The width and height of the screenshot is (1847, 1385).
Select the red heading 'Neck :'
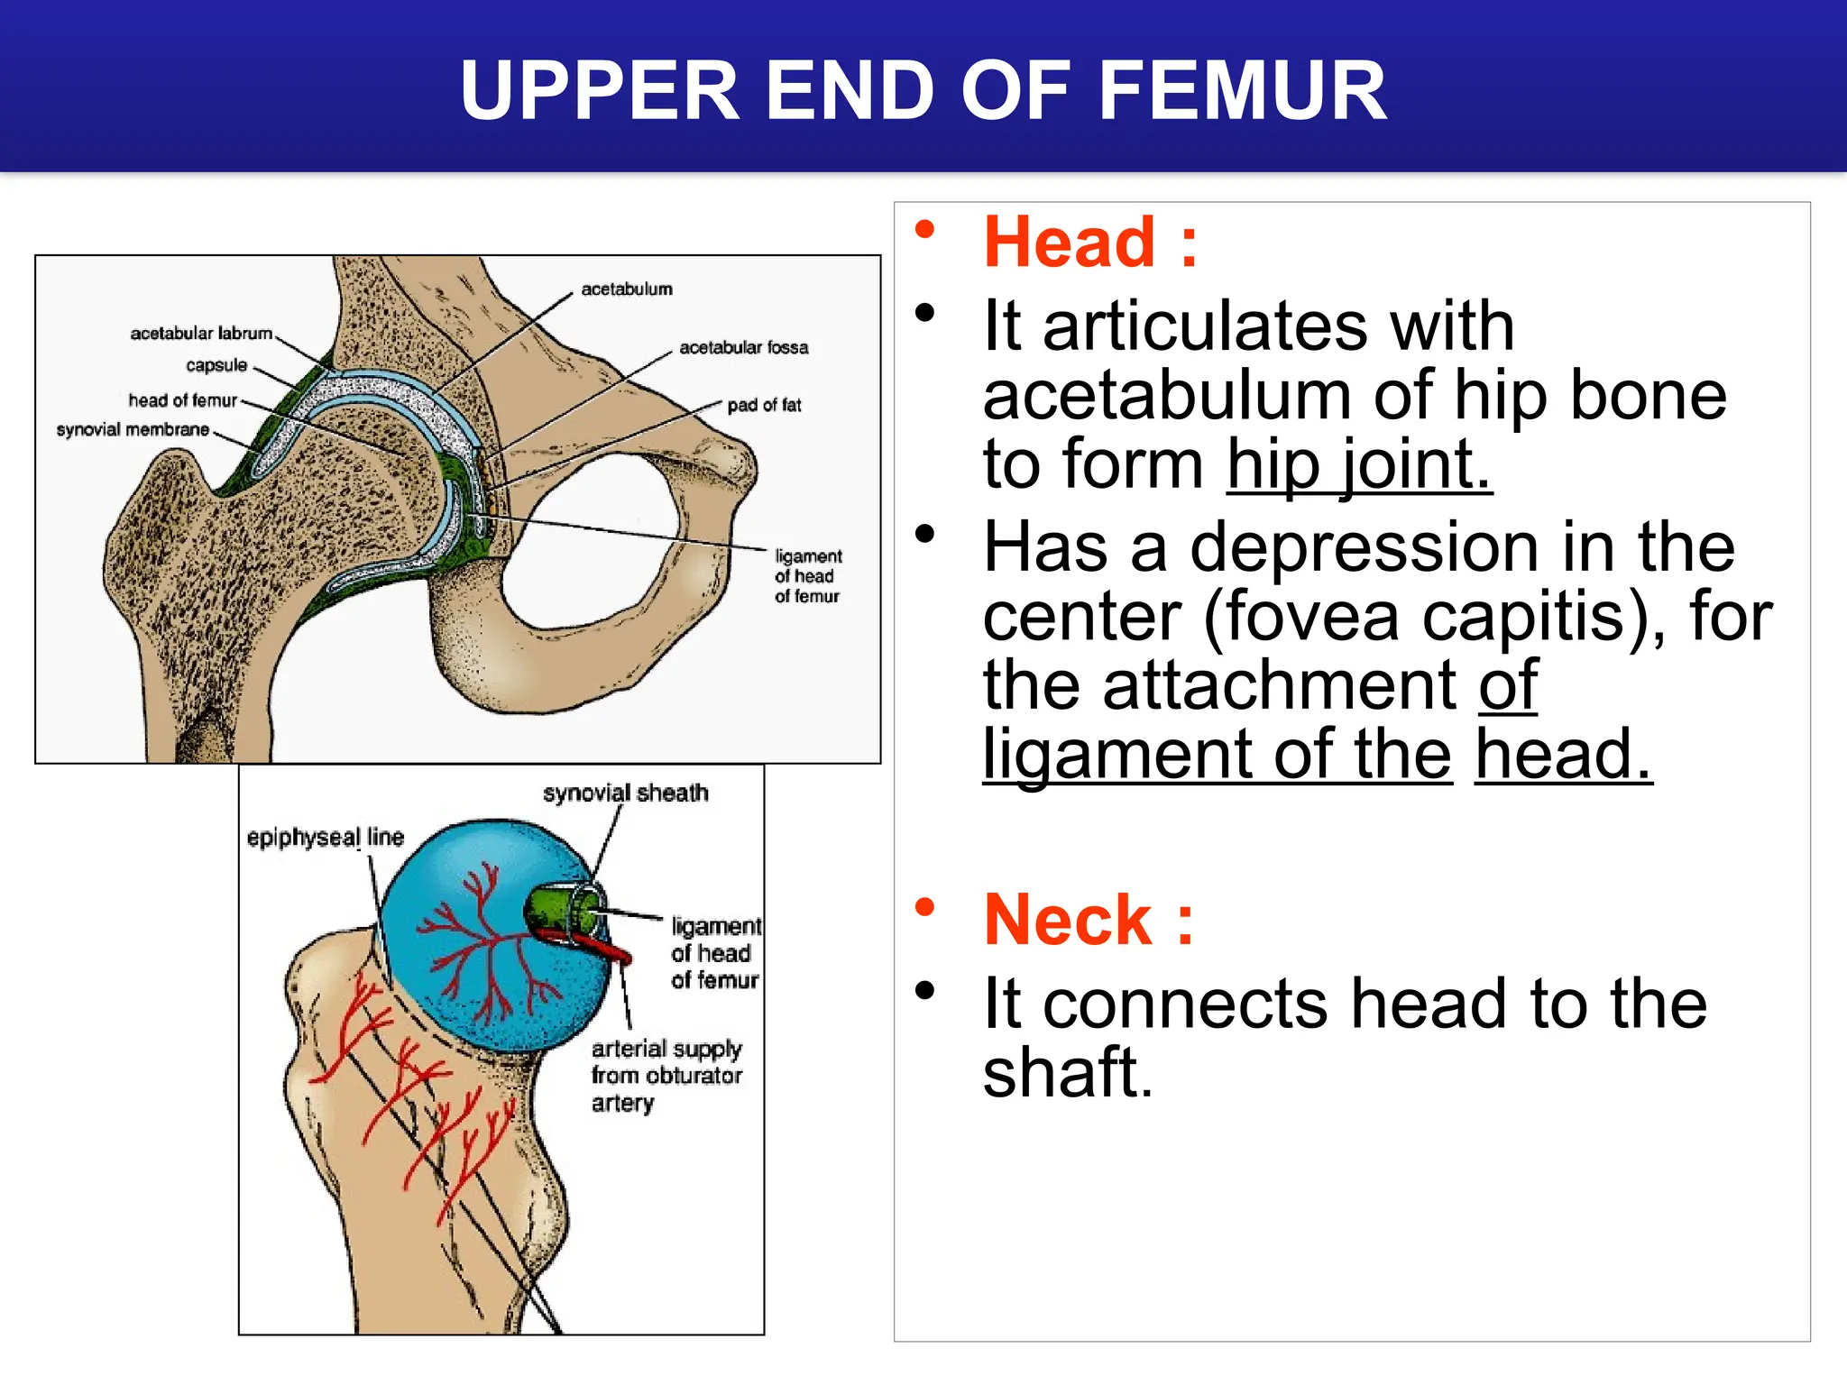pos(1089,920)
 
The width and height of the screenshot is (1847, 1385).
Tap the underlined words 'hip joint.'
pos(1359,464)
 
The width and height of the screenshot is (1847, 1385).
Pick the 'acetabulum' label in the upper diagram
pos(627,289)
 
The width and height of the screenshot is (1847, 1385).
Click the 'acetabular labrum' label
pos(201,334)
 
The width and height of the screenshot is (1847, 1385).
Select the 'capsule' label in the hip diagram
pos(216,365)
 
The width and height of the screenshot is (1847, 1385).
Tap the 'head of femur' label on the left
pos(182,400)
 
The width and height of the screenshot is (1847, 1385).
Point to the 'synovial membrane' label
pos(133,430)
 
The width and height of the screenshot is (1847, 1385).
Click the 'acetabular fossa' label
pos(743,348)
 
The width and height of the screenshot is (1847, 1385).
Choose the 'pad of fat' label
pos(764,406)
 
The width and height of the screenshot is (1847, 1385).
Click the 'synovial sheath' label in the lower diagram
pos(625,793)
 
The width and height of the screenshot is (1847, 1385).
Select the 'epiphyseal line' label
pos(325,838)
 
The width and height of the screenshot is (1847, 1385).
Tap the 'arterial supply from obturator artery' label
pos(666,1075)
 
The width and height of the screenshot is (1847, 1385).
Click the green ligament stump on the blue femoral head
pos(564,911)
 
